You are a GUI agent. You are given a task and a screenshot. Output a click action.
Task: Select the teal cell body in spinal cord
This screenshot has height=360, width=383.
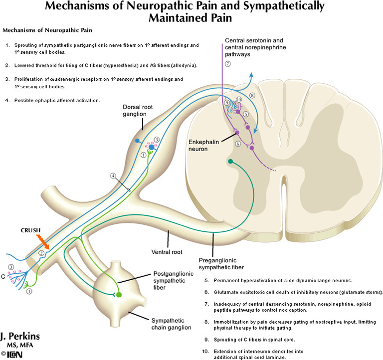tap(230, 161)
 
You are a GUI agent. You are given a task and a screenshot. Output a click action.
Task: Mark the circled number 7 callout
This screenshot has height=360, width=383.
tap(228, 64)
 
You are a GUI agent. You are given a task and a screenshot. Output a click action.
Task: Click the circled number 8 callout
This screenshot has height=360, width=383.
tap(252, 95)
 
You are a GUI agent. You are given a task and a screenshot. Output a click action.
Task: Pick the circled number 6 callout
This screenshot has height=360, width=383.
tap(237, 144)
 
